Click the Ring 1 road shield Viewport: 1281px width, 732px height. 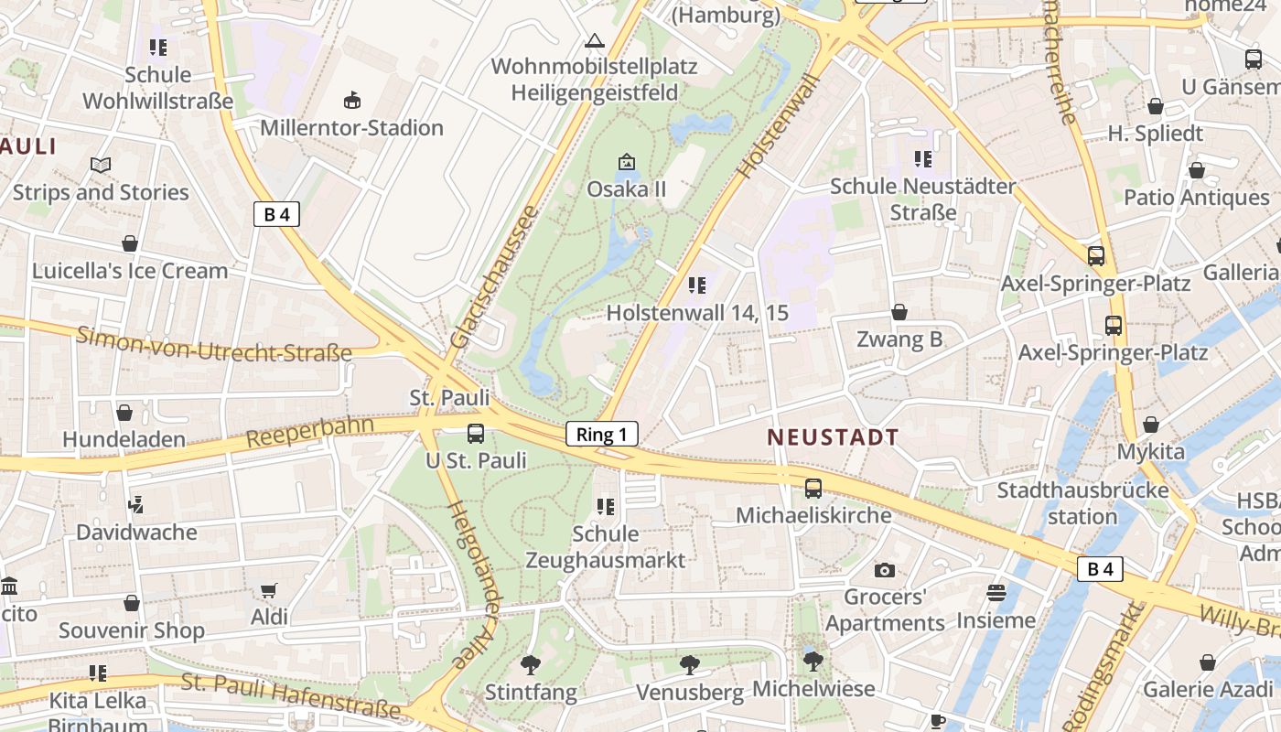point(601,434)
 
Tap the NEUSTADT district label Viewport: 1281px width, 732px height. point(833,437)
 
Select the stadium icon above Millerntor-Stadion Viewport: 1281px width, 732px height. point(351,100)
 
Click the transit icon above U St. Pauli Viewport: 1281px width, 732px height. point(476,434)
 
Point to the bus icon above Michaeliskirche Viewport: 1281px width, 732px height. point(813,489)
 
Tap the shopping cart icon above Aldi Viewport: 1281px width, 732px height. point(268,591)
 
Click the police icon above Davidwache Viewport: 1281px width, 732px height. point(136,504)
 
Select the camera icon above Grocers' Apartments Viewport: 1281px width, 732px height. point(884,571)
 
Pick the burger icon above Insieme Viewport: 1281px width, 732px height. point(996,593)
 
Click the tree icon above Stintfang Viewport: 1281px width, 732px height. point(530,664)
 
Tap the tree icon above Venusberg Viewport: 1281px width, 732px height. point(690,665)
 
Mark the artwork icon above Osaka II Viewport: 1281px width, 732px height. point(626,162)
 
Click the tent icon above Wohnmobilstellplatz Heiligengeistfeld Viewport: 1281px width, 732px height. point(595,40)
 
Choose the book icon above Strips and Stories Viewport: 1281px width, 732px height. point(101,165)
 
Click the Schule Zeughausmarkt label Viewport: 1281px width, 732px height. point(605,546)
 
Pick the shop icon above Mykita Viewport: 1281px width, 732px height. point(1150,425)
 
